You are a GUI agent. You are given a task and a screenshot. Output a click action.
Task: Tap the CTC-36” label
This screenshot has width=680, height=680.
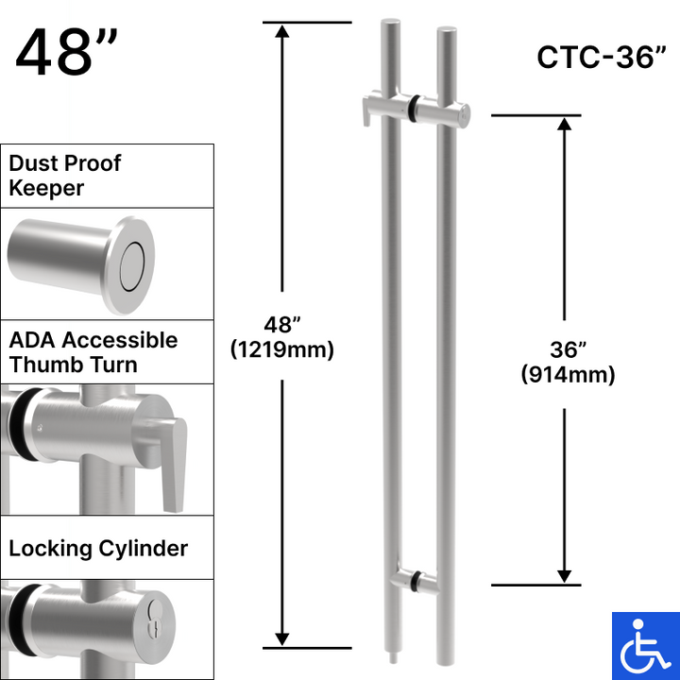596,57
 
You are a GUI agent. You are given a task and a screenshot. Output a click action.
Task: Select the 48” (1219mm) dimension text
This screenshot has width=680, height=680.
281,337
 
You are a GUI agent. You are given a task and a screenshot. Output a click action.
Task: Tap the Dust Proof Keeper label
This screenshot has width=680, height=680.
65,176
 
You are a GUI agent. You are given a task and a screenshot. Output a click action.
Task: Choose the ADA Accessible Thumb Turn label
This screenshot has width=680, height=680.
93,352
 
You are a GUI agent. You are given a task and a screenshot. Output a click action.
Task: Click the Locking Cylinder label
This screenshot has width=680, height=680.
98,548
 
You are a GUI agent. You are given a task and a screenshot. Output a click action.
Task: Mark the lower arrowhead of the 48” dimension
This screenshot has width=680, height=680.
281,637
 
